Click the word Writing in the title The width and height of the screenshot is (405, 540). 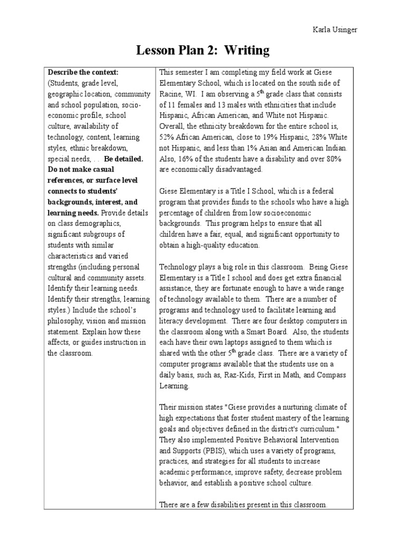(244, 51)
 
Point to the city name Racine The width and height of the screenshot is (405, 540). (171, 93)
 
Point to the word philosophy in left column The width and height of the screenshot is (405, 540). (66, 321)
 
